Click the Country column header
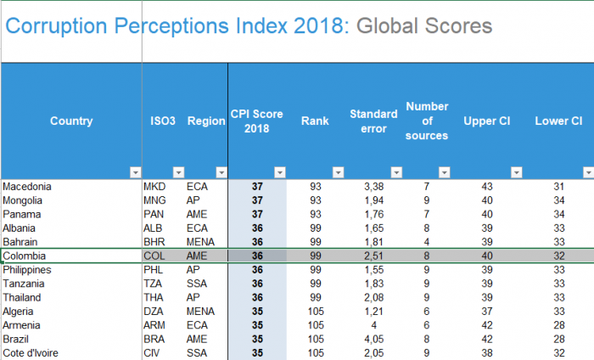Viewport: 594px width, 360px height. click(71, 121)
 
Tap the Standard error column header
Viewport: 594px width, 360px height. click(373, 121)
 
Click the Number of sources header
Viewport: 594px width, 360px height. click(427, 121)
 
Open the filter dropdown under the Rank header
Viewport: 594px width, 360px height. click(338, 172)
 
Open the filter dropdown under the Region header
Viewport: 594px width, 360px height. click(221, 172)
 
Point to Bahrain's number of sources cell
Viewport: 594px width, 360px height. click(426, 241)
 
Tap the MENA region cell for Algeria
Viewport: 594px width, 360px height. click(201, 311)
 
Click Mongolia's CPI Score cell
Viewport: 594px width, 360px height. click(258, 200)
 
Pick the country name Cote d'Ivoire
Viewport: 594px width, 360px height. click(32, 352)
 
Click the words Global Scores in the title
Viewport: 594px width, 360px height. click(424, 26)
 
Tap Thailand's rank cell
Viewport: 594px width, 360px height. click(315, 297)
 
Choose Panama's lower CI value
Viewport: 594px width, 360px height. click(558, 214)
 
